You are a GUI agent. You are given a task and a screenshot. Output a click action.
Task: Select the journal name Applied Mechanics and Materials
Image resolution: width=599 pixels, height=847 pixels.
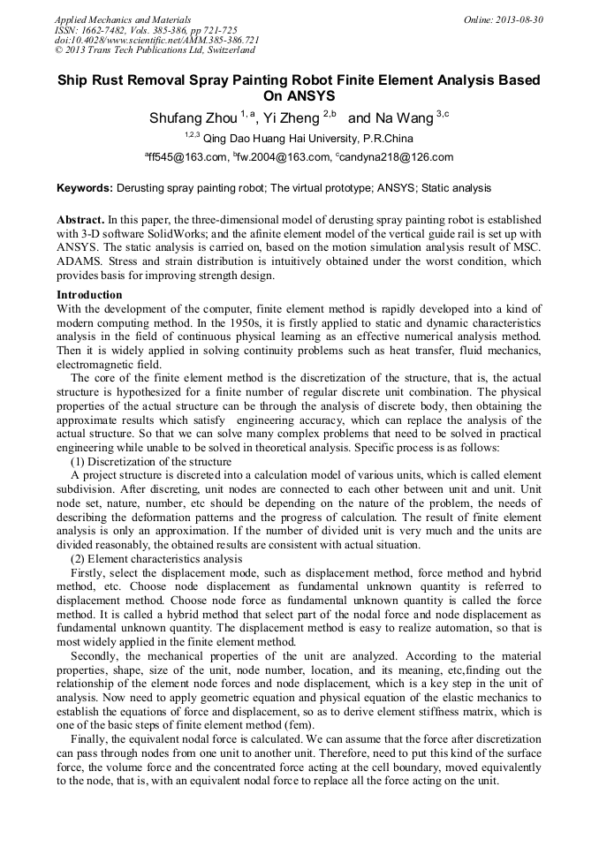122,19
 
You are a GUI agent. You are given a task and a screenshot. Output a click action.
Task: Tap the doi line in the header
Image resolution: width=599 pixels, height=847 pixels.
156,41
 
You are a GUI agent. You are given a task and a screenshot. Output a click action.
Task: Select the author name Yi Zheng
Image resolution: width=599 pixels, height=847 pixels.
290,117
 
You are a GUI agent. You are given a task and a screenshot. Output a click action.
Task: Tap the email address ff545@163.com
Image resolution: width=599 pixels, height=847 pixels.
184,158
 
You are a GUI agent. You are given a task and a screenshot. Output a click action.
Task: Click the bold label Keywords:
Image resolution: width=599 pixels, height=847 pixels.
85,188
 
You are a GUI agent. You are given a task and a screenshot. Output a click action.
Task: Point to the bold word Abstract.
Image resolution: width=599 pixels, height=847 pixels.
80,219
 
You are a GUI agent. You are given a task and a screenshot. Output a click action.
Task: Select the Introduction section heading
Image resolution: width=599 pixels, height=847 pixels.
89,295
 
